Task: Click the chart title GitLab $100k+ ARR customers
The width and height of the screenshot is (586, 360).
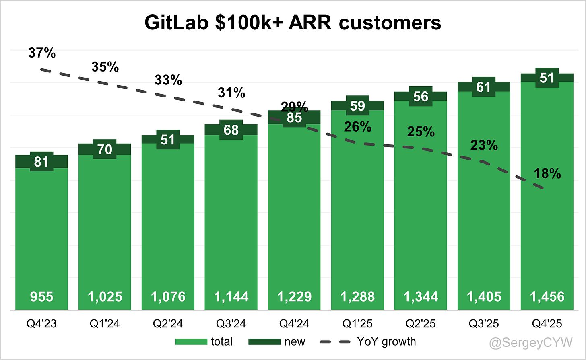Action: tap(293, 23)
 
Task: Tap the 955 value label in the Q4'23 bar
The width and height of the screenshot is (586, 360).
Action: tap(41, 297)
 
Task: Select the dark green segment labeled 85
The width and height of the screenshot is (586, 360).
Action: tap(294, 118)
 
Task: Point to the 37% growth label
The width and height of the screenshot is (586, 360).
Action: tap(42, 53)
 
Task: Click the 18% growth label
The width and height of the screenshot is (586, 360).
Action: tap(547, 174)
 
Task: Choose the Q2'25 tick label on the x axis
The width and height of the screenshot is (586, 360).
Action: tap(421, 324)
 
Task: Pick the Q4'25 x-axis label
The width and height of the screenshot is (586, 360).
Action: tap(547, 324)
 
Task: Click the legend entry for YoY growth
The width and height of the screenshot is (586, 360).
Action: tap(386, 342)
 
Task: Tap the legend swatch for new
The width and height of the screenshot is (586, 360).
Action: tap(264, 342)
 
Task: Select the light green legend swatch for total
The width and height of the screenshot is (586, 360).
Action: tap(191, 342)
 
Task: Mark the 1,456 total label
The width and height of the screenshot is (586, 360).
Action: tap(547, 297)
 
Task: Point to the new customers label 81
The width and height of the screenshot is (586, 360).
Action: tap(41, 162)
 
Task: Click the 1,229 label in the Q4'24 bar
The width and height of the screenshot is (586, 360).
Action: tap(294, 297)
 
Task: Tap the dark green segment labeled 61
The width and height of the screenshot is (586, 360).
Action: tap(484, 87)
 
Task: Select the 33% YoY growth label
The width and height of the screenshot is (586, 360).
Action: tap(168, 80)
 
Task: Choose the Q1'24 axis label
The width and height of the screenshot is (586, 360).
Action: tap(105, 324)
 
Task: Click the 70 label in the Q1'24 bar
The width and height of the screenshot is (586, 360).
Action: tap(105, 150)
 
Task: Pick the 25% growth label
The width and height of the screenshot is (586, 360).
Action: tap(421, 132)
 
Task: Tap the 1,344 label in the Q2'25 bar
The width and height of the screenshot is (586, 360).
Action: tap(421, 297)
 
